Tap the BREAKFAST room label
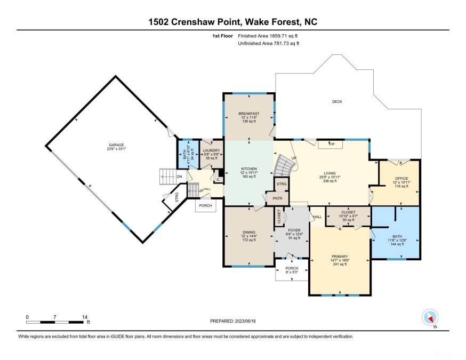coord(249,114)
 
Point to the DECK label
coord(336,101)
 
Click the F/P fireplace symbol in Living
coord(331,144)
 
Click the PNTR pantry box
coord(277,198)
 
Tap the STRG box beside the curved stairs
coord(281,184)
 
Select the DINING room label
coord(249,232)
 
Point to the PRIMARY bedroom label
coord(339,257)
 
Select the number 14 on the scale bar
coord(83,317)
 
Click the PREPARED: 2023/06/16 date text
coord(233,322)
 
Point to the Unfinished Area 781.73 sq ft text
coord(269,43)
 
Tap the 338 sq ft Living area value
coord(328,181)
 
